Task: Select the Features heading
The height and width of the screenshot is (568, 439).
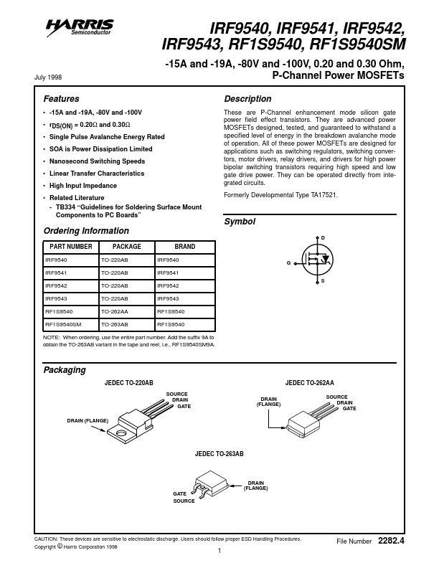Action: pos(62,99)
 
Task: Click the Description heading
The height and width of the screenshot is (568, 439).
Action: pos(247,99)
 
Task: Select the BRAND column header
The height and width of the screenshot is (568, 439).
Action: pos(184,247)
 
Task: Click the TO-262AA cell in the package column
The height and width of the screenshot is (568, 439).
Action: pos(115,311)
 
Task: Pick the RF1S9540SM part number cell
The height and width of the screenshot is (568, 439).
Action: pos(63,324)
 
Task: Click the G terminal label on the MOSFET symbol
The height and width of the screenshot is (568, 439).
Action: pos(288,263)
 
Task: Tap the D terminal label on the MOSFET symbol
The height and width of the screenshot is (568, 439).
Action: pos(322,237)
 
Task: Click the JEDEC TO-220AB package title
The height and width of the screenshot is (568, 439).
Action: pos(129,384)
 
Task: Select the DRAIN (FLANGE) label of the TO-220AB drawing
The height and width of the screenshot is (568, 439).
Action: pos(88,420)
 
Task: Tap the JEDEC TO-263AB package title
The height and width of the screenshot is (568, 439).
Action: pos(219,455)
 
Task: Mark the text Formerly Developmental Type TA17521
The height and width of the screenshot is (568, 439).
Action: pos(280,195)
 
